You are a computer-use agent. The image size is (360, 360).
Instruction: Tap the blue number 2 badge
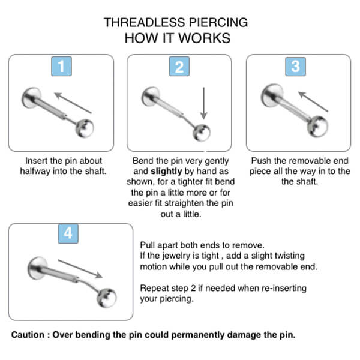point(179,66)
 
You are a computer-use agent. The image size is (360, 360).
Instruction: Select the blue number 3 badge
point(295,66)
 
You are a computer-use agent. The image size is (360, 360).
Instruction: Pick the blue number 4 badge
point(68,233)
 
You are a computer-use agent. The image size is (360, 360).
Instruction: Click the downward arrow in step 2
point(205,103)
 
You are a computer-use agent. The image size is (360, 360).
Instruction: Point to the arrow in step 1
point(73,103)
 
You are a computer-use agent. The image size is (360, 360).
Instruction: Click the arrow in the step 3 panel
point(313,100)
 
